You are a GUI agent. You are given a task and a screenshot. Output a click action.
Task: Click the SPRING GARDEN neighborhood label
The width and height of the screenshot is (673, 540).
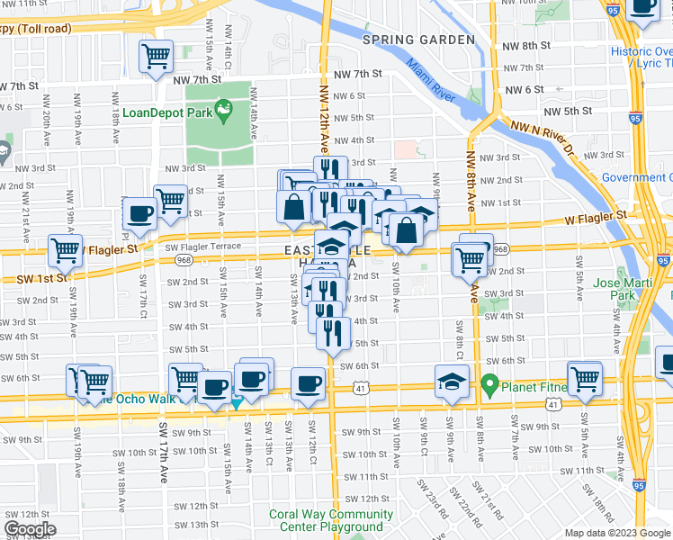417,40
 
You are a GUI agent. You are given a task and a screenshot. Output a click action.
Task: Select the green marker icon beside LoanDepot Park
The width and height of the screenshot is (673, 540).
223,110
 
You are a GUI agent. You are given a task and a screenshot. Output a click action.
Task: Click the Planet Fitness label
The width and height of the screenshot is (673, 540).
541,388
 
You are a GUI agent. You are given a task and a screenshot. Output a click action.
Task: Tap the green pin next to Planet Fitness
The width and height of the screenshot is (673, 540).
489,387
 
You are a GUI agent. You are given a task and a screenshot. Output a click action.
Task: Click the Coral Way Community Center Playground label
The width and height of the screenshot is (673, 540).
330,520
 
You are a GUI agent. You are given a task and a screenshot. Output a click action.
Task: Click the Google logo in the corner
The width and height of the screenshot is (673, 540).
30,529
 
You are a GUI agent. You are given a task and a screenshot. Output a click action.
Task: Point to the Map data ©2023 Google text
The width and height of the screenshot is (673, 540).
618,533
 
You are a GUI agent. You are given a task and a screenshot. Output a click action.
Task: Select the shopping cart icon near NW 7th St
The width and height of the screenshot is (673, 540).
156,57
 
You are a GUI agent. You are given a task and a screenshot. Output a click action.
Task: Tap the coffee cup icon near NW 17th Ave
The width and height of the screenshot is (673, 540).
139,213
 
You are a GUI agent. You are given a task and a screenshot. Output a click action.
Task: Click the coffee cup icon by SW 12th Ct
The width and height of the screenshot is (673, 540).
309,382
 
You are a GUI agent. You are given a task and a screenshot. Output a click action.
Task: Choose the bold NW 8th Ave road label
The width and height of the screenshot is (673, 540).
470,180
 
